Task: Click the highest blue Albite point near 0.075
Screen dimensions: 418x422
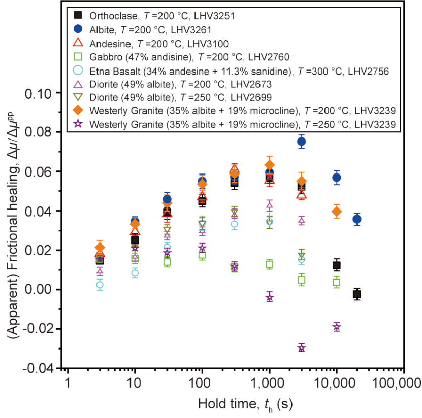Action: [x=302, y=142]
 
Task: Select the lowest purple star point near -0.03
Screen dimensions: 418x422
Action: [x=302, y=347]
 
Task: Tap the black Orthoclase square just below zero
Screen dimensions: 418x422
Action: [x=357, y=294]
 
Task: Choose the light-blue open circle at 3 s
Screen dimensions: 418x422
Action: [x=100, y=285]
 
